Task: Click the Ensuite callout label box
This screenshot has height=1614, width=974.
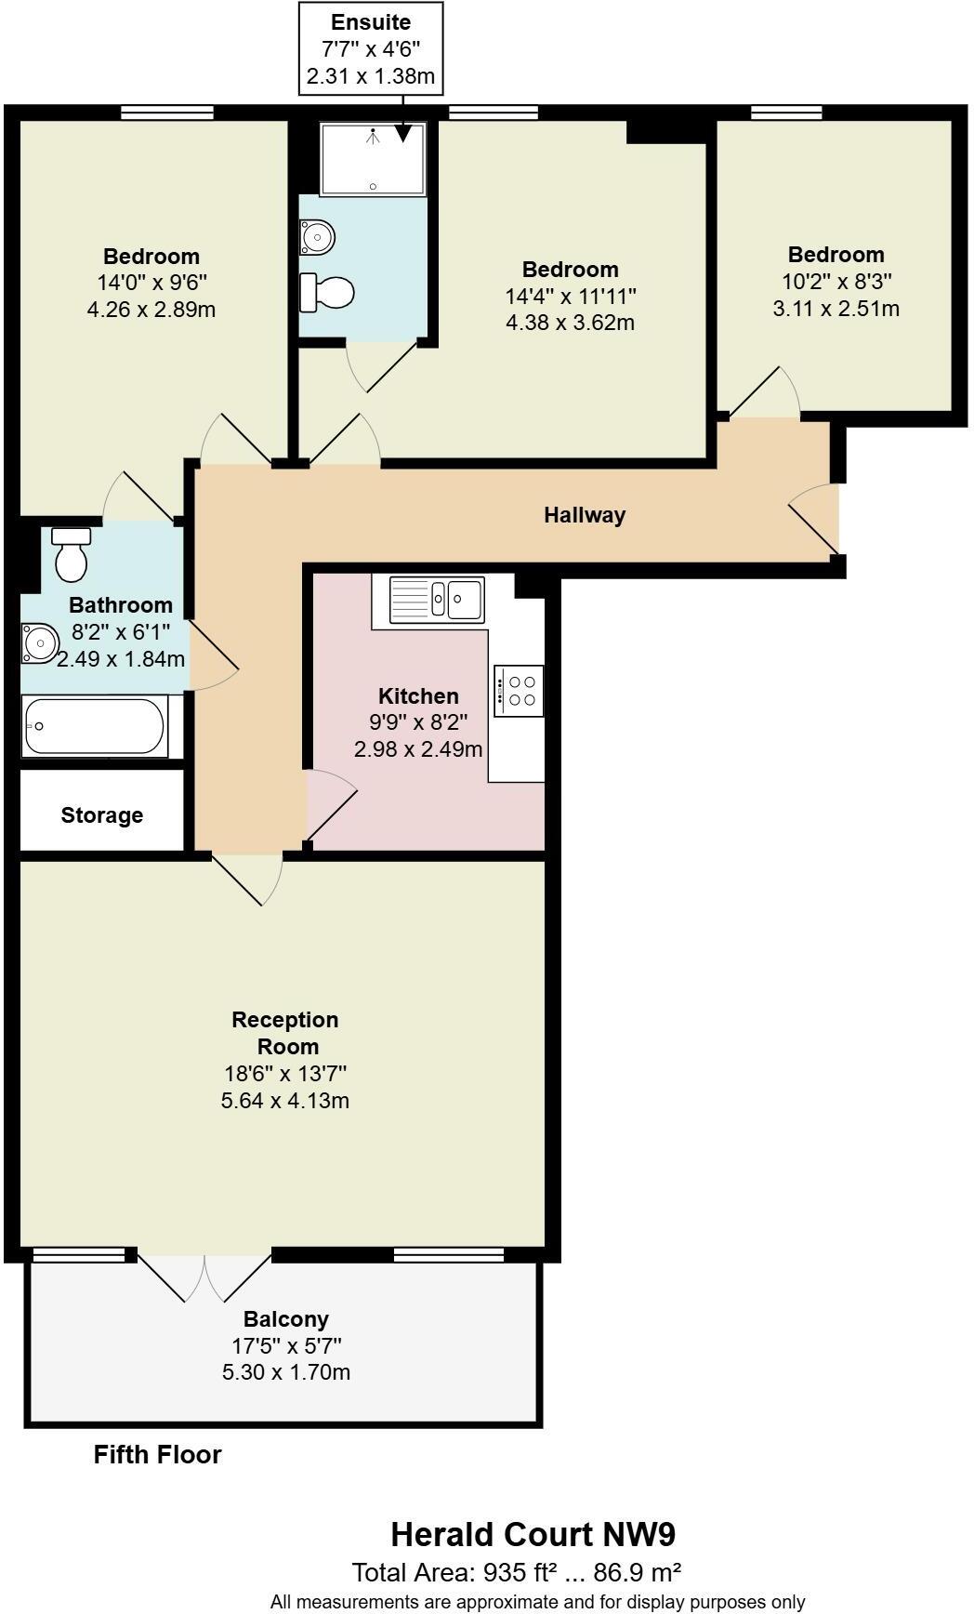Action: [x=371, y=48]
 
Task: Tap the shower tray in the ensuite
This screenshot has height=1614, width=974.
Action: [x=373, y=159]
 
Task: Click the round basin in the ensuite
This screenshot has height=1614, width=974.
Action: [x=317, y=236]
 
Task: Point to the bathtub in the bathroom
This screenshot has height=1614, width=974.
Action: [x=95, y=726]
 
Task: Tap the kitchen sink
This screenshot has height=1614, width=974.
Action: [x=437, y=598]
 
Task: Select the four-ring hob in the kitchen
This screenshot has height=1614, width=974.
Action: [x=519, y=691]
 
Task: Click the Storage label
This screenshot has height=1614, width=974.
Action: [x=102, y=815]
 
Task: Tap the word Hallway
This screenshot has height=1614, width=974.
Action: [x=585, y=515]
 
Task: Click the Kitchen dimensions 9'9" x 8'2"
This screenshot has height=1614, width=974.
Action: [x=418, y=721]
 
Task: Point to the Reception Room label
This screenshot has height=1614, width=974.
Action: [x=285, y=1033]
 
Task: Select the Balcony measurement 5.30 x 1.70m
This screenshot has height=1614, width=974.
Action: [x=286, y=1372]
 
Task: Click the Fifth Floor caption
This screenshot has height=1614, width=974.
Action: [x=158, y=1455]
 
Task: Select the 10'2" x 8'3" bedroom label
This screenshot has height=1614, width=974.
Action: [x=836, y=281]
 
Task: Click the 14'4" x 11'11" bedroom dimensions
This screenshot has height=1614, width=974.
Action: [x=570, y=297]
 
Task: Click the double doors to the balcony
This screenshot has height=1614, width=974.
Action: [x=204, y=1277]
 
